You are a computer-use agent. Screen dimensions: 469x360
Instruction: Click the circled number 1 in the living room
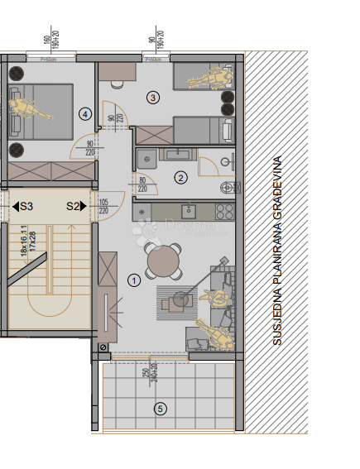tap(133, 280)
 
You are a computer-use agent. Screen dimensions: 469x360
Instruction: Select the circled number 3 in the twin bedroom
tap(151, 98)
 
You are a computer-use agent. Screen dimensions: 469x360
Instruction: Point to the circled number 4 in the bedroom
tap(84, 113)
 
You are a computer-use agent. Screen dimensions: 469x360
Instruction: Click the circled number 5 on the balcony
tap(161, 407)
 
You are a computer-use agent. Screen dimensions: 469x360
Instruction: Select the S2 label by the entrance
tap(74, 205)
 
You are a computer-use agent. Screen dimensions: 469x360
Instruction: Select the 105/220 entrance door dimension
tap(104, 205)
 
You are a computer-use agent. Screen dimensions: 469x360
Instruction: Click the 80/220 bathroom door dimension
tap(143, 184)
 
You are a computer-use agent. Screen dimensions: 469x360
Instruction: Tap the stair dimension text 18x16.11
tap(24, 243)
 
